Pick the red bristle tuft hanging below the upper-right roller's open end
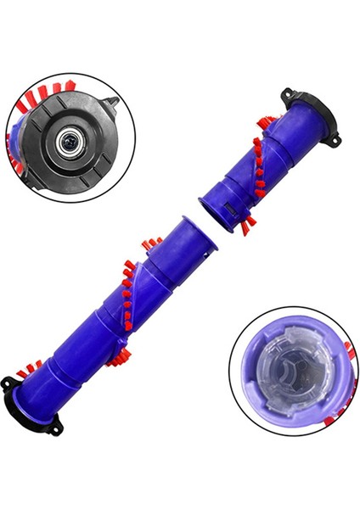tap(249, 224)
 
